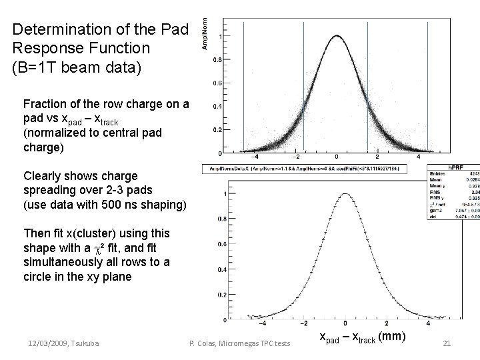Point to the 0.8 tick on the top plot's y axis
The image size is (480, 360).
[217, 59]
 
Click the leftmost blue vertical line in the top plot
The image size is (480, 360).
[244, 87]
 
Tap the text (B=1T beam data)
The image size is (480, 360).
[77, 67]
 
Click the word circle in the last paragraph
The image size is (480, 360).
[40, 276]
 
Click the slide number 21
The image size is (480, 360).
[447, 343]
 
